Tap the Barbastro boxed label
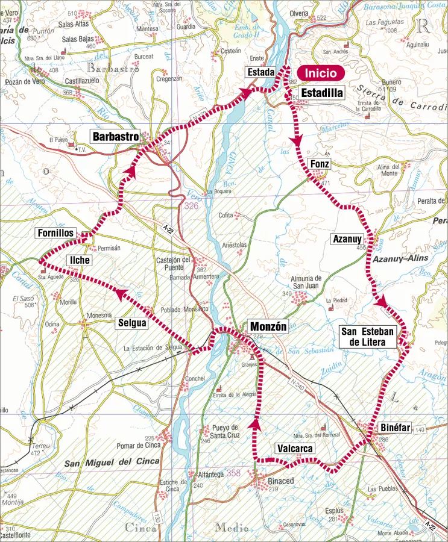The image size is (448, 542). click(116, 136)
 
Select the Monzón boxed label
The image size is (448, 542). click(268, 327)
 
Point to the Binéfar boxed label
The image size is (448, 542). click(396, 428)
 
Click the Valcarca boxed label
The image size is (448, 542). click(295, 449)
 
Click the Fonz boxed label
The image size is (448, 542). click(319, 164)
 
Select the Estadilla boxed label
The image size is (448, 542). click(321, 93)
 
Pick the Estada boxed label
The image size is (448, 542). click(260, 73)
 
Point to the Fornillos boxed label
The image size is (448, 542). click(55, 232)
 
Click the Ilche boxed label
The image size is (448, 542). click(80, 260)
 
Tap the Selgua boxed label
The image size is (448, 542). click(132, 323)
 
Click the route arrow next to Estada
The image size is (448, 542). click(244, 92)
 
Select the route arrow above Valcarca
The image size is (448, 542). click(256, 425)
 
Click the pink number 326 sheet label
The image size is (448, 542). click(191, 206)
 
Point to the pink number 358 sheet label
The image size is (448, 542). click(234, 473)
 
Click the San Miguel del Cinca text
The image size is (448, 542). click(112, 462)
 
